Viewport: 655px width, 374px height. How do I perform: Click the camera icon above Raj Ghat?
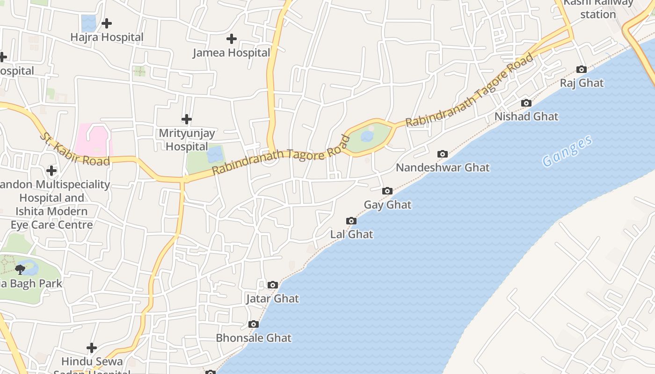click(582, 70)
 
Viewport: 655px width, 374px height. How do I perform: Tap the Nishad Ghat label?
click(526, 116)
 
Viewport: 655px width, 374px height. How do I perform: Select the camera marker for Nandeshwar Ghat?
click(442, 154)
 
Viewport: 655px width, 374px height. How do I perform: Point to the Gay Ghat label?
click(387, 205)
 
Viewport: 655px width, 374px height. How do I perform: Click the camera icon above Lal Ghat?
click(351, 221)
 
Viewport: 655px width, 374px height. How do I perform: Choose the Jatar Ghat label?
click(272, 298)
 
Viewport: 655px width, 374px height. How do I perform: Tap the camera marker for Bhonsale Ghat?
click(254, 324)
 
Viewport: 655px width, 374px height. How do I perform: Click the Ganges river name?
click(568, 151)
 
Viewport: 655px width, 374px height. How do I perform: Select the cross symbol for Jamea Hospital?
click(231, 39)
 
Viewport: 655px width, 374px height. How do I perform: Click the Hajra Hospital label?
click(107, 37)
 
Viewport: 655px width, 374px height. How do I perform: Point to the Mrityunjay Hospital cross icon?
click(187, 119)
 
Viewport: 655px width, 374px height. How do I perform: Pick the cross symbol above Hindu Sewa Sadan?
click(92, 347)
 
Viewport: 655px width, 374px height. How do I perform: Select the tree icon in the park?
click(20, 269)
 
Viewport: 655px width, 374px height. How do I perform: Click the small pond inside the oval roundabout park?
click(367, 136)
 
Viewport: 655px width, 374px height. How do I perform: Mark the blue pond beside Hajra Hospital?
click(88, 22)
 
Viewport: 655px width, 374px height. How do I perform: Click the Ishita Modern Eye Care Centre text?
click(49, 218)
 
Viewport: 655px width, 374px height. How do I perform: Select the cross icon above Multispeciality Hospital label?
click(51, 171)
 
